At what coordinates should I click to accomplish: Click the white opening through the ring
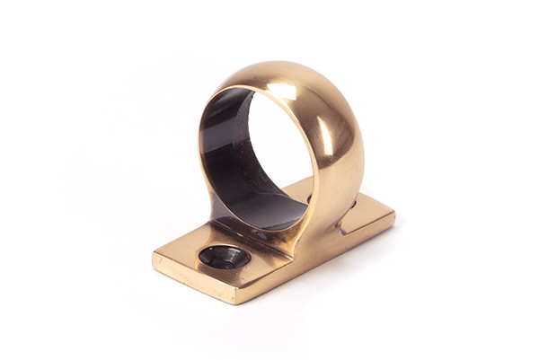pos(278,157)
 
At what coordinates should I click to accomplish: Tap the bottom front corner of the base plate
pos(235,301)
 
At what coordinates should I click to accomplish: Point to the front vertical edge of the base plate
pos(193,282)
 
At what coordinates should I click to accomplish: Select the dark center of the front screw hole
pos(222,257)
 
